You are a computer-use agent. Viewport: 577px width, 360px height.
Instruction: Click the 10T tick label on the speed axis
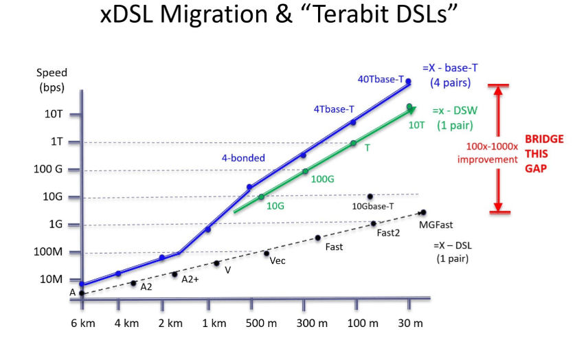click(x=54, y=114)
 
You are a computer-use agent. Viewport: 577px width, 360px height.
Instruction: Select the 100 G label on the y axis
click(x=49, y=169)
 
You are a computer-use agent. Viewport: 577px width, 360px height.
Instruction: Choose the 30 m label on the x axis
click(x=409, y=324)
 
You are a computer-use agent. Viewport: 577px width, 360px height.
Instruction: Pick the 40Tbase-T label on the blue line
click(x=381, y=79)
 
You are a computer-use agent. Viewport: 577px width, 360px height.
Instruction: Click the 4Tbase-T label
click(x=334, y=109)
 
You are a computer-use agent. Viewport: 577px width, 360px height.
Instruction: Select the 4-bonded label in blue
click(x=243, y=158)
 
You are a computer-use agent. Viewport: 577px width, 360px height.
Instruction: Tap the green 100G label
click(x=322, y=179)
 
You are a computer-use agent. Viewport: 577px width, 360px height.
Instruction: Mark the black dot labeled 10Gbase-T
click(x=370, y=196)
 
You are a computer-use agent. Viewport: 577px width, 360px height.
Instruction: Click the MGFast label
click(x=435, y=225)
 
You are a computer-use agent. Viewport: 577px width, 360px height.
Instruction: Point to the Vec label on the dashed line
click(x=278, y=260)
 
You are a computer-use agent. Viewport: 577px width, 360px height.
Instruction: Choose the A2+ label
click(x=190, y=278)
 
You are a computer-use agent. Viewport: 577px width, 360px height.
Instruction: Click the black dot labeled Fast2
click(x=374, y=223)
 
